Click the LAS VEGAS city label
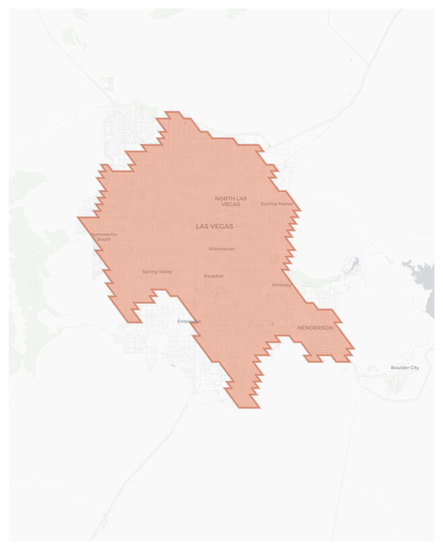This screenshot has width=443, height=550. click(x=215, y=226)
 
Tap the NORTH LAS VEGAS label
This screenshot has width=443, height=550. click(x=231, y=201)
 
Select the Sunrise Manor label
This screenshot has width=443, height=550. click(x=277, y=204)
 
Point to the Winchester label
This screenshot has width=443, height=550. click(x=221, y=249)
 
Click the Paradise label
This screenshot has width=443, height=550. click(x=213, y=276)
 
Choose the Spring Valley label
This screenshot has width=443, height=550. click(x=157, y=272)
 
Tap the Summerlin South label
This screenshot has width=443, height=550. click(x=104, y=237)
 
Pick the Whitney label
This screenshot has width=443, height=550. click(x=281, y=285)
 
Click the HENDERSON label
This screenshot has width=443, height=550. click(x=315, y=328)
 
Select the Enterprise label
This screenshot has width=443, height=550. click(x=189, y=321)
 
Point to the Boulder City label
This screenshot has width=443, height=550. click(x=405, y=367)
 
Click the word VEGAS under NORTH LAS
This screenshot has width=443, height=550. click(x=231, y=204)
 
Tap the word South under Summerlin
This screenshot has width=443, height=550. click(x=104, y=239)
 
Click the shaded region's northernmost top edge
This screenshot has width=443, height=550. click(x=172, y=112)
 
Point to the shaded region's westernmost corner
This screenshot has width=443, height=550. click(x=78, y=217)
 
